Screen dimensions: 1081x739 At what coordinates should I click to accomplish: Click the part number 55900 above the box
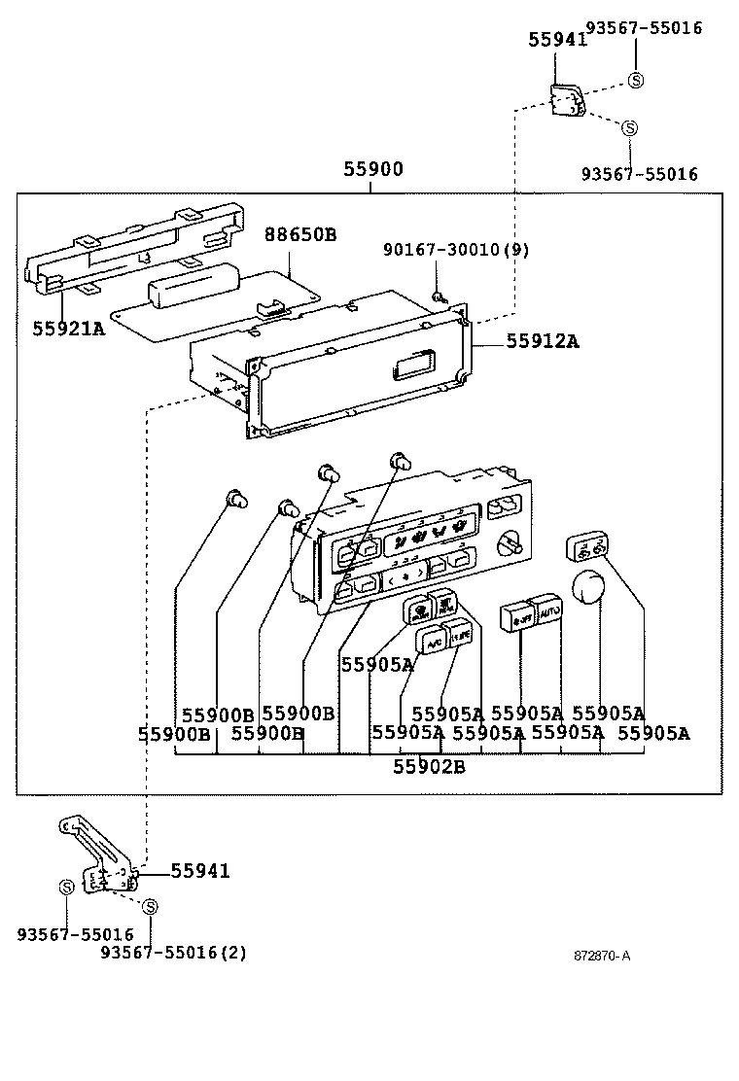[x=372, y=169]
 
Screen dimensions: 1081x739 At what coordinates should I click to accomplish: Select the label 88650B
[x=300, y=234]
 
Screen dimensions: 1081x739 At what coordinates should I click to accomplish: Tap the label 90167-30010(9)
[x=456, y=250]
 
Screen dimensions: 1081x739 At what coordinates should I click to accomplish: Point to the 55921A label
[x=68, y=329]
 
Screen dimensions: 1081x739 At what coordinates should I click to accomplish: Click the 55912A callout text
[x=542, y=341]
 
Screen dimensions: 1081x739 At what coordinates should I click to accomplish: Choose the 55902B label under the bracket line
[x=429, y=766]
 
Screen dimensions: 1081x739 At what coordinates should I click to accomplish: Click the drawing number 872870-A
[x=601, y=955]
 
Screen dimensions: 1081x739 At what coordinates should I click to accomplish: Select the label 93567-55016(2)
[x=173, y=952]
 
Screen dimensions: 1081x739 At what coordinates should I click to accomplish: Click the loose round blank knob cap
[x=590, y=588]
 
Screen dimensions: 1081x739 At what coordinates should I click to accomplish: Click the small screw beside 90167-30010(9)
[x=440, y=296]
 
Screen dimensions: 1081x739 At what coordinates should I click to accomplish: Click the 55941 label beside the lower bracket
[x=200, y=871]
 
